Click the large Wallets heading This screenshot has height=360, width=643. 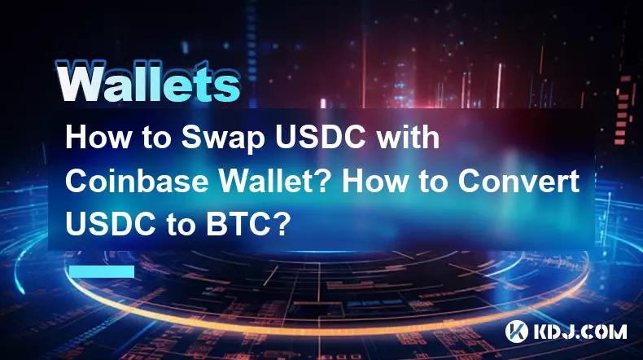[147, 81]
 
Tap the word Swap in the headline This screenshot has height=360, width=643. [224, 138]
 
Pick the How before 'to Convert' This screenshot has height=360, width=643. [373, 181]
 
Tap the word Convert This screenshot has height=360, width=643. [518, 181]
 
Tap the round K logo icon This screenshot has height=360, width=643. [516, 331]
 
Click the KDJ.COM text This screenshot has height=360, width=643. [580, 331]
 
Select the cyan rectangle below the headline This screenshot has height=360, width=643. [102, 271]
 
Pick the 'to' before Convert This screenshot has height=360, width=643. [431, 182]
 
